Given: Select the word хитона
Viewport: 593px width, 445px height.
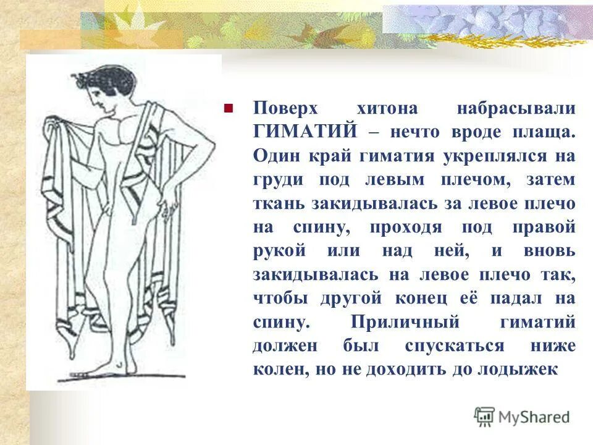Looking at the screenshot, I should [388, 109].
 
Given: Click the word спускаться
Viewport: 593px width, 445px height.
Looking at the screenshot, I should [455, 346].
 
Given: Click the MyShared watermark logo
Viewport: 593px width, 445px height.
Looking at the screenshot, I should [523, 417].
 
